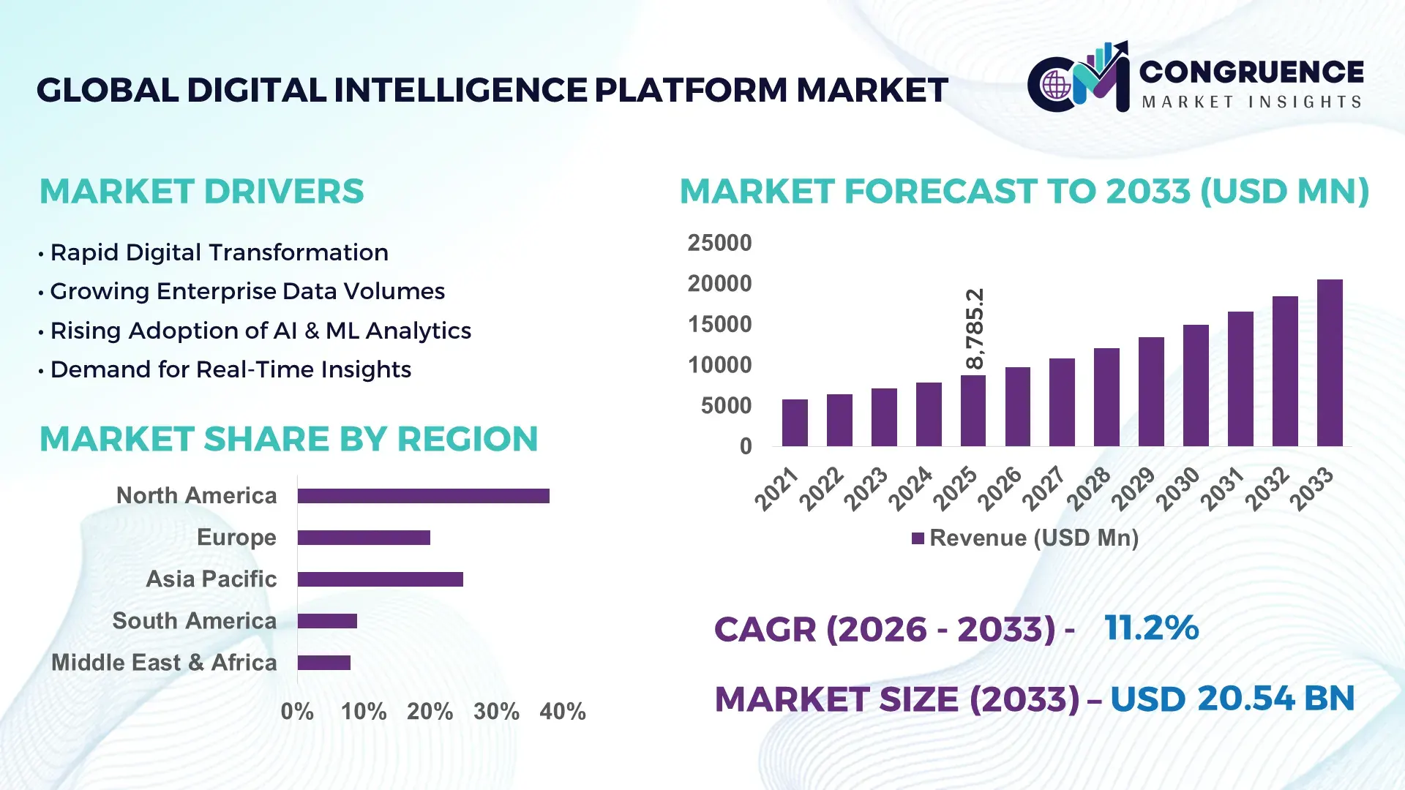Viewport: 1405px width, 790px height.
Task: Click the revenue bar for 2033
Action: click(x=1329, y=364)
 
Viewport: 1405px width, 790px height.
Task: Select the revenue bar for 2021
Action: click(x=795, y=423)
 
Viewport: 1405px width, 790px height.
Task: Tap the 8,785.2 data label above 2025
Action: click(x=975, y=329)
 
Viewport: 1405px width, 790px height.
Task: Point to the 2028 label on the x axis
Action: click(x=1088, y=489)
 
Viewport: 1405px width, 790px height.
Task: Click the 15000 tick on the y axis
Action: click(x=719, y=324)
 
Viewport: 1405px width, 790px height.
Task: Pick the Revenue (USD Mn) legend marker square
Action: click(x=918, y=538)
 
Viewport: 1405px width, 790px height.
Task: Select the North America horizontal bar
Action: click(x=423, y=496)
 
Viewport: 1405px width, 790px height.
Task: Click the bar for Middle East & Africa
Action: click(x=324, y=663)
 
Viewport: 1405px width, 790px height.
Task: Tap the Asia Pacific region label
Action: click(x=211, y=579)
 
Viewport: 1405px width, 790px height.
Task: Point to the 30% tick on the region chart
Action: click(x=496, y=711)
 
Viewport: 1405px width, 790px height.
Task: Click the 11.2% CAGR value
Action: click(x=1151, y=628)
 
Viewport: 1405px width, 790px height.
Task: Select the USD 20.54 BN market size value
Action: click(x=1232, y=699)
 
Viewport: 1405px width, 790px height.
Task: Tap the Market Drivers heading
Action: click(x=201, y=192)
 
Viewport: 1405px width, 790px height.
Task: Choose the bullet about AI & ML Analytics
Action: click(x=260, y=331)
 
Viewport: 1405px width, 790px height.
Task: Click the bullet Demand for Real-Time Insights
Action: click(x=230, y=369)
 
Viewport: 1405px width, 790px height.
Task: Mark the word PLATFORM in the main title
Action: click(x=691, y=90)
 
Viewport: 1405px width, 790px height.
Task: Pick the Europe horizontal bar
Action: click(x=364, y=538)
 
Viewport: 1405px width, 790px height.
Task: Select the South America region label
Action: click(x=194, y=620)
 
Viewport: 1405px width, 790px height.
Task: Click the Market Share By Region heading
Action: click(x=288, y=439)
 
